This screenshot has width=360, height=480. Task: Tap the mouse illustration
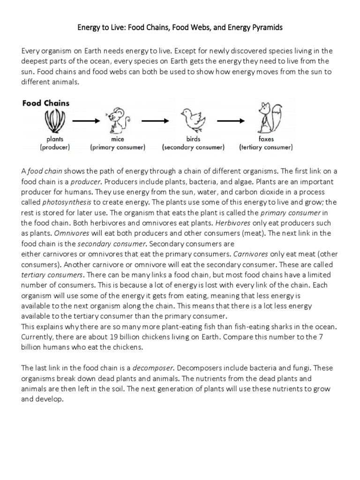point(117,120)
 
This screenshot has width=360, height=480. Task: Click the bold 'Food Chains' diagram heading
point(45,103)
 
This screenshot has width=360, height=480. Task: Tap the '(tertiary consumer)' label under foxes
point(266,147)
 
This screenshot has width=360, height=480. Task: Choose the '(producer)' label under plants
point(55,147)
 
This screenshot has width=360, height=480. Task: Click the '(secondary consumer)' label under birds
point(193,147)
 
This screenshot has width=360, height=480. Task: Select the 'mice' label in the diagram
point(117,139)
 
